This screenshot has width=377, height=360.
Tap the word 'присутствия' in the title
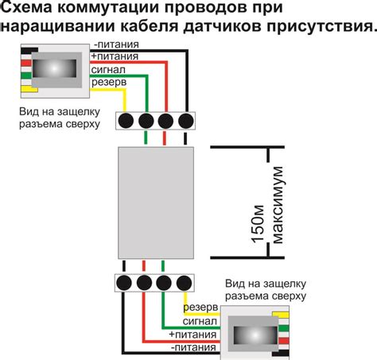pos(319,29)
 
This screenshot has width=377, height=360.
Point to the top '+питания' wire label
pos(115,57)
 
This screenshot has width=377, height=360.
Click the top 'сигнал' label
pos(108,69)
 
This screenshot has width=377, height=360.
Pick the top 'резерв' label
pos(107,81)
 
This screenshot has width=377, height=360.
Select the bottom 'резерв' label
pos(199,308)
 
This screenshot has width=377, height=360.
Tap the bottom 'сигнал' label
pos(199,321)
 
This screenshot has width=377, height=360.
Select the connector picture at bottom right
pos(259,329)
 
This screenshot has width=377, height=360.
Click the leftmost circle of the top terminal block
pos(127,122)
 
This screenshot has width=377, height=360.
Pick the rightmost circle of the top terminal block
pos(185,122)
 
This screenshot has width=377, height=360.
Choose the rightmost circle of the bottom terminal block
pos(185,282)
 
